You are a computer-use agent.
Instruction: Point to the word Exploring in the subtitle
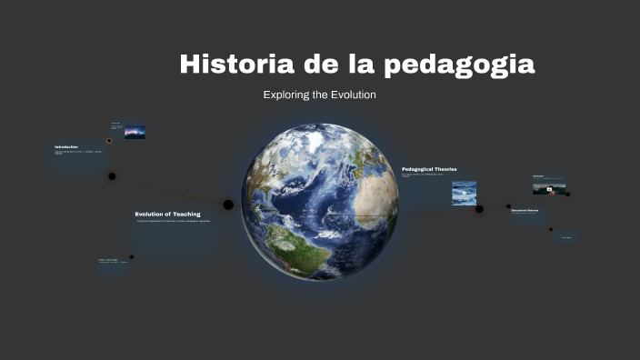(285, 95)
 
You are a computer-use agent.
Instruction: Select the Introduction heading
(66, 147)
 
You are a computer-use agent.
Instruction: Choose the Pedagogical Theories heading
(429, 169)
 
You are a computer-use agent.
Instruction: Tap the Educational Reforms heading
(525, 211)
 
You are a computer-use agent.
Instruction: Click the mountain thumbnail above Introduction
(135, 132)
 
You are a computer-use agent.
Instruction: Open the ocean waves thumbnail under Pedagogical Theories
(464, 193)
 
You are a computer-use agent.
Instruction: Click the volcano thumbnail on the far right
(548, 188)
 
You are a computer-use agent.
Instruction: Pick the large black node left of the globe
(228, 205)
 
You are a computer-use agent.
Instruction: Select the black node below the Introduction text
(112, 176)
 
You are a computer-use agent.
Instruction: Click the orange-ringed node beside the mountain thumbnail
(110, 141)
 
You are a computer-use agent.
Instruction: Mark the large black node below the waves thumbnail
(479, 209)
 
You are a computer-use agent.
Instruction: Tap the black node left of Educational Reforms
(509, 207)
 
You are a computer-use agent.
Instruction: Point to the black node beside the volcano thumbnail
(568, 194)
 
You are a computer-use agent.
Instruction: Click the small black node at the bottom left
(132, 257)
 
